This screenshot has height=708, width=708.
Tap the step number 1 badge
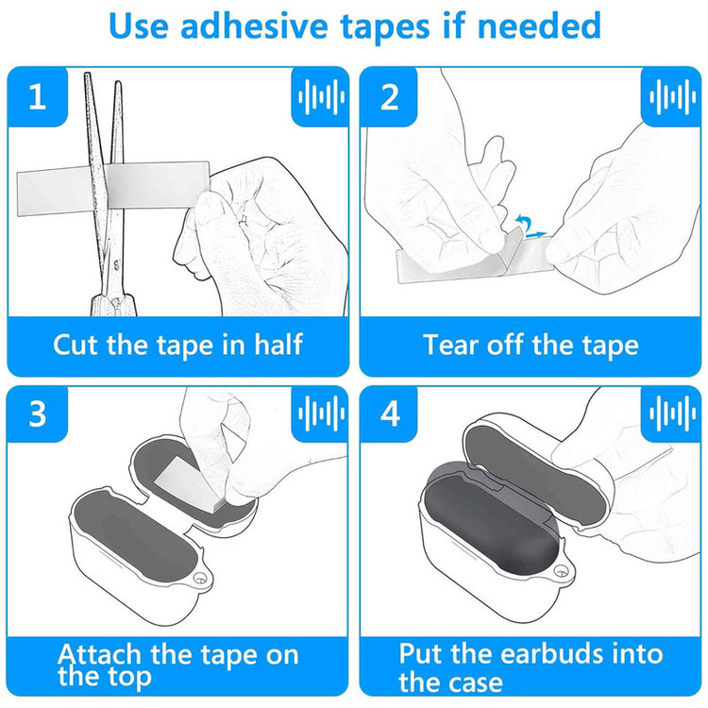(38, 96)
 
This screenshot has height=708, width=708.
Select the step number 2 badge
(389, 96)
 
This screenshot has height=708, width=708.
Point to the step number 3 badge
(38, 413)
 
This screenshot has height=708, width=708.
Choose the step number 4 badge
(390, 413)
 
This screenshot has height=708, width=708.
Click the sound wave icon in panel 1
(321, 96)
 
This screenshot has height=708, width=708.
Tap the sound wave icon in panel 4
(672, 413)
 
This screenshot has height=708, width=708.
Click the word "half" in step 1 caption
(278, 345)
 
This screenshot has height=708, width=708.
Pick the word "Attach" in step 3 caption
(99, 654)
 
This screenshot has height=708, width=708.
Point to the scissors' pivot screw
(116, 262)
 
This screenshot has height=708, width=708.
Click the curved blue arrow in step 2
(523, 224)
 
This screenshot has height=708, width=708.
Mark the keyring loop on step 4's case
(561, 572)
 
